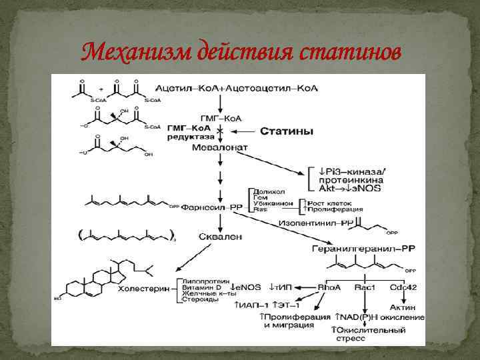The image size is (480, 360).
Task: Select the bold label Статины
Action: point(286,132)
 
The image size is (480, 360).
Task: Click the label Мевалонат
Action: point(221,147)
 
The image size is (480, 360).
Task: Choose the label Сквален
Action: point(220,235)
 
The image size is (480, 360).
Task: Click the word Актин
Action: point(408,307)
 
